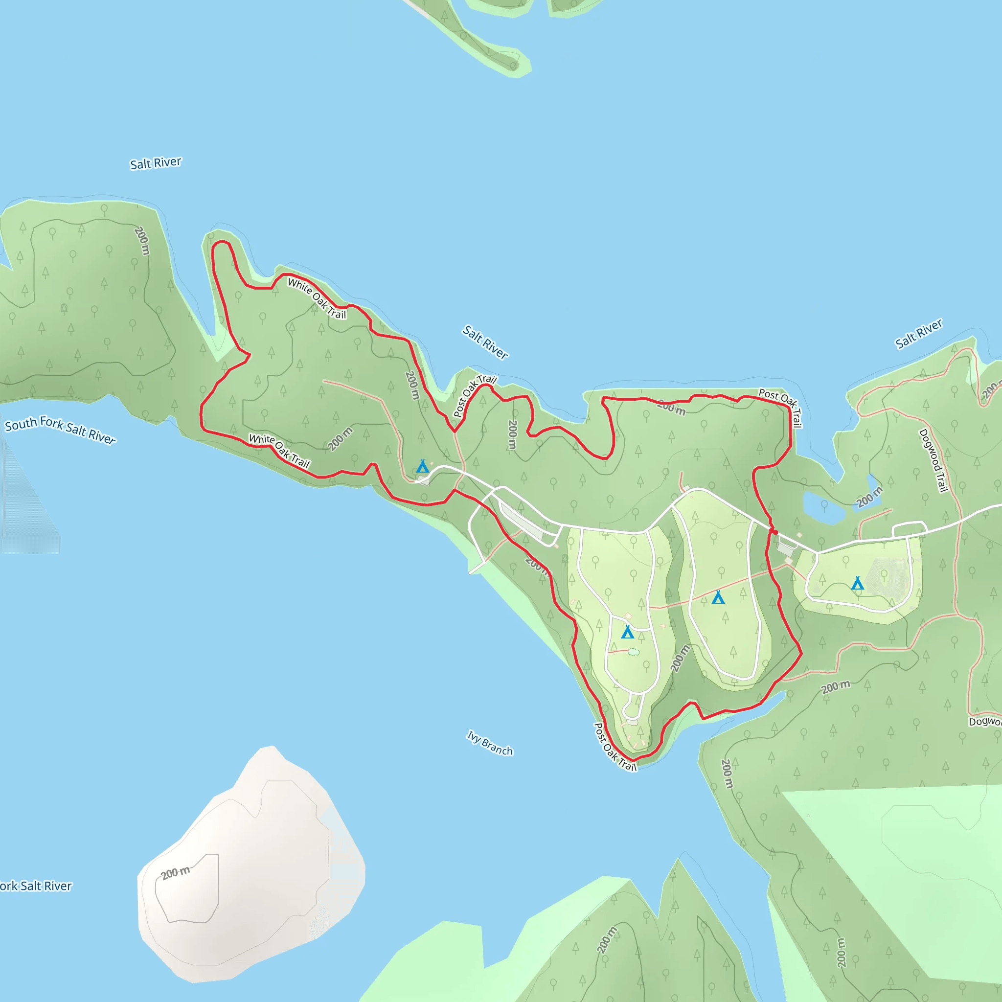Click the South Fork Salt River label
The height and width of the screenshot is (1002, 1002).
pyautogui.click(x=60, y=430)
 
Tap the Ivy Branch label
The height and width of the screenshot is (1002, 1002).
pyautogui.click(x=490, y=743)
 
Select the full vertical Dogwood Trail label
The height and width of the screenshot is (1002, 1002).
pyautogui.click(x=934, y=460)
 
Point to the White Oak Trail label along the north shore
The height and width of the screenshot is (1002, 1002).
pyautogui.click(x=317, y=299)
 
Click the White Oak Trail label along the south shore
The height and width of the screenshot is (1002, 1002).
pyautogui.click(x=279, y=450)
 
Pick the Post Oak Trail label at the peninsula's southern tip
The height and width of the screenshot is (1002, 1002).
pyautogui.click(x=615, y=747)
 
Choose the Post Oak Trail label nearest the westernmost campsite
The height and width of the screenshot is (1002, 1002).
pyautogui.click(x=474, y=396)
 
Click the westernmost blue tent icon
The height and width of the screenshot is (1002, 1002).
pyautogui.click(x=423, y=466)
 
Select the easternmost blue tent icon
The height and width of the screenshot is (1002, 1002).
pyautogui.click(x=857, y=584)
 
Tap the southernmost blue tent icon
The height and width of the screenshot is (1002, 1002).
pyautogui.click(x=628, y=632)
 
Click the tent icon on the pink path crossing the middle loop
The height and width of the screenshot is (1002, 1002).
pyautogui.click(x=718, y=597)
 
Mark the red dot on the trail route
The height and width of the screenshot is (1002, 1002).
pyautogui.click(x=775, y=532)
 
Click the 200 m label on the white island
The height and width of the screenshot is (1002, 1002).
pyautogui.click(x=175, y=873)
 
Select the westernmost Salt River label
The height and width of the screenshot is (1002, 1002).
pyautogui.click(x=156, y=163)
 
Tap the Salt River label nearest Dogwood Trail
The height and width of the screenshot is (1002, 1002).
pyautogui.click(x=918, y=334)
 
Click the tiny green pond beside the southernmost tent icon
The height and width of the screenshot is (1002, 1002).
pyautogui.click(x=634, y=652)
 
